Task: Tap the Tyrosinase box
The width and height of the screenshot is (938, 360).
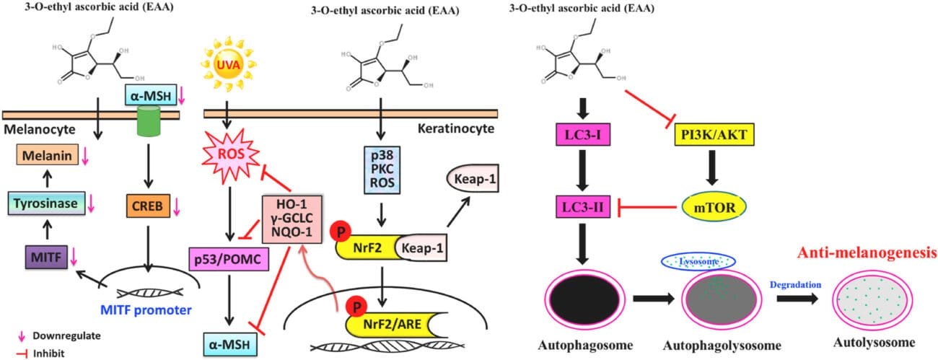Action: pyautogui.click(x=53, y=204)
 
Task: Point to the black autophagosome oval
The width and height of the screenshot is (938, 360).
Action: pyautogui.click(x=580, y=296)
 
